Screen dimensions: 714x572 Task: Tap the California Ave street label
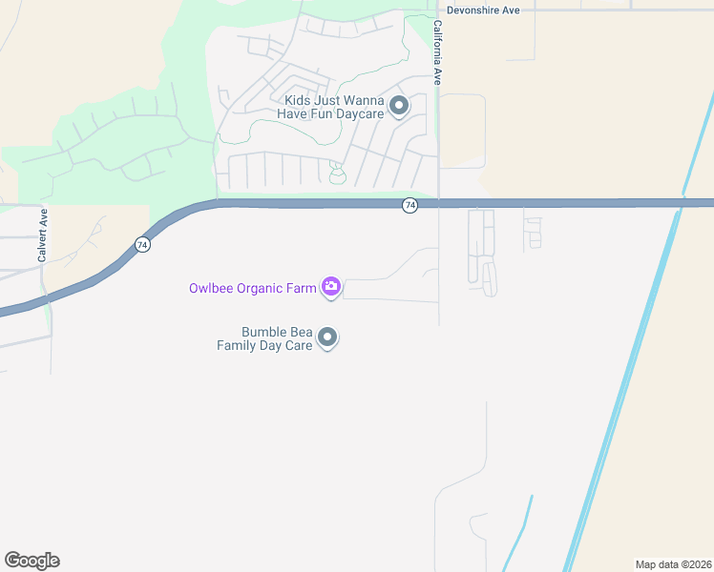(x=438, y=53)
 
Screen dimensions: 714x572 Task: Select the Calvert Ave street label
(x=43, y=235)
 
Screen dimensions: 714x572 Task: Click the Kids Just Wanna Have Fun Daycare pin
(x=399, y=106)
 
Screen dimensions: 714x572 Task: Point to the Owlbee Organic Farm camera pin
(x=330, y=286)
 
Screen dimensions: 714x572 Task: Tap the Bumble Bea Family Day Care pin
(x=327, y=337)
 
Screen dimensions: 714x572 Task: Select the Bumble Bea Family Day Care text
(x=264, y=338)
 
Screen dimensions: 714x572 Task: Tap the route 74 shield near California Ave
(x=409, y=206)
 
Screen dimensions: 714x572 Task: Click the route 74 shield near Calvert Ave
(x=141, y=245)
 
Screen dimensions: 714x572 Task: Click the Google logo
(x=31, y=561)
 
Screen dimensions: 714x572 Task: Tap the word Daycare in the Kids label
(x=359, y=114)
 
